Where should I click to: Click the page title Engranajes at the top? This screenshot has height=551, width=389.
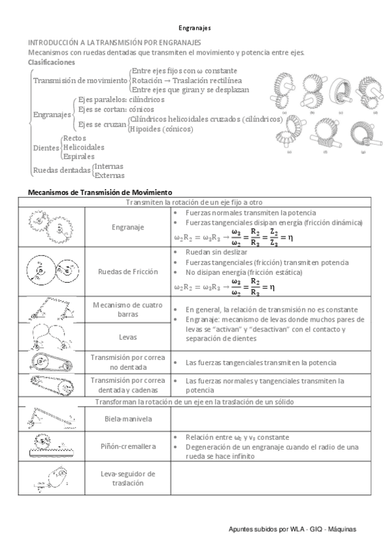[x=195, y=28]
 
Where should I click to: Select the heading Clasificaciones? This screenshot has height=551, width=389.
[x=51, y=62]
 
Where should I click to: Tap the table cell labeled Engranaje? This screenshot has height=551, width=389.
[x=127, y=227]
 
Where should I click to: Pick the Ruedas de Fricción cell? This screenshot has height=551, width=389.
[x=127, y=272]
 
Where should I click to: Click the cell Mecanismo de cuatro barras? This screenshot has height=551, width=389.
[x=127, y=309]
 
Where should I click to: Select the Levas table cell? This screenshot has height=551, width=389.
[x=127, y=337]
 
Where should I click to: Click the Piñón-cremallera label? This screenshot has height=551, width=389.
[x=127, y=446]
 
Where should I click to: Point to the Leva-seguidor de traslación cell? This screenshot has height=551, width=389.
[x=127, y=478]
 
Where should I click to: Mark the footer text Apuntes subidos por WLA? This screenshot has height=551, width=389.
[x=293, y=529]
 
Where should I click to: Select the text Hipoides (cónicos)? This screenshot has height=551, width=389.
[x=161, y=129]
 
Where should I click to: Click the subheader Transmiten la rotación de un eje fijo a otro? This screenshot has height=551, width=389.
[x=194, y=202]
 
